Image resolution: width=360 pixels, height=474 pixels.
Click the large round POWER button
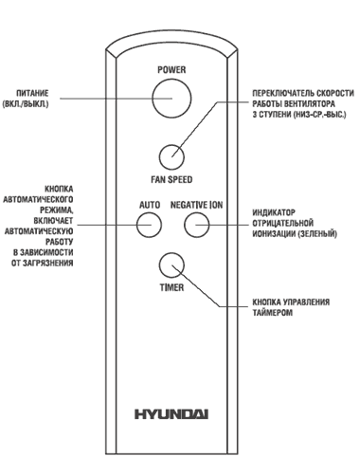pyautogui.click(x=171, y=99)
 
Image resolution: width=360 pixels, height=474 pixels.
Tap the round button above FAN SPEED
pyautogui.click(x=171, y=157)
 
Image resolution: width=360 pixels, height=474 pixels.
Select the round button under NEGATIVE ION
pyautogui.click(x=197, y=225)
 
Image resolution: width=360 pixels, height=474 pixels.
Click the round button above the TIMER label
pyautogui.click(x=171, y=265)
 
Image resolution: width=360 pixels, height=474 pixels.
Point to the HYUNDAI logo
pyautogui.click(x=171, y=414)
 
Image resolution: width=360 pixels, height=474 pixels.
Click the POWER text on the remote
pyautogui.click(x=171, y=69)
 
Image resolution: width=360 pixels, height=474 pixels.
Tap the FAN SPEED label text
pyautogui.click(x=171, y=179)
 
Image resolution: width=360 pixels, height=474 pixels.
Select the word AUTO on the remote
pyautogui.click(x=150, y=205)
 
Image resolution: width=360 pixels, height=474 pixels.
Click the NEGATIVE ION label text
pyautogui.click(x=196, y=205)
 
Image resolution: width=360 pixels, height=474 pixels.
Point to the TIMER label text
pyautogui.click(x=171, y=287)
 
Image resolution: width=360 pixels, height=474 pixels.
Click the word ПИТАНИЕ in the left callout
pyautogui.click(x=32, y=93)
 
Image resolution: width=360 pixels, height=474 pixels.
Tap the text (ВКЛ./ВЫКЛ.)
pyautogui.click(x=26, y=104)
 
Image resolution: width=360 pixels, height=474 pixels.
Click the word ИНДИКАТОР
pyautogui.click(x=274, y=212)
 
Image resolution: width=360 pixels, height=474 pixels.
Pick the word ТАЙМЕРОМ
pyautogui.click(x=272, y=313)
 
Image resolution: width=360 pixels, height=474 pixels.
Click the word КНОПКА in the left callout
pyautogui.click(x=59, y=189)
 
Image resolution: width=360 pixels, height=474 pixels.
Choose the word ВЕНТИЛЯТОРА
pyautogui.click(x=310, y=104)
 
